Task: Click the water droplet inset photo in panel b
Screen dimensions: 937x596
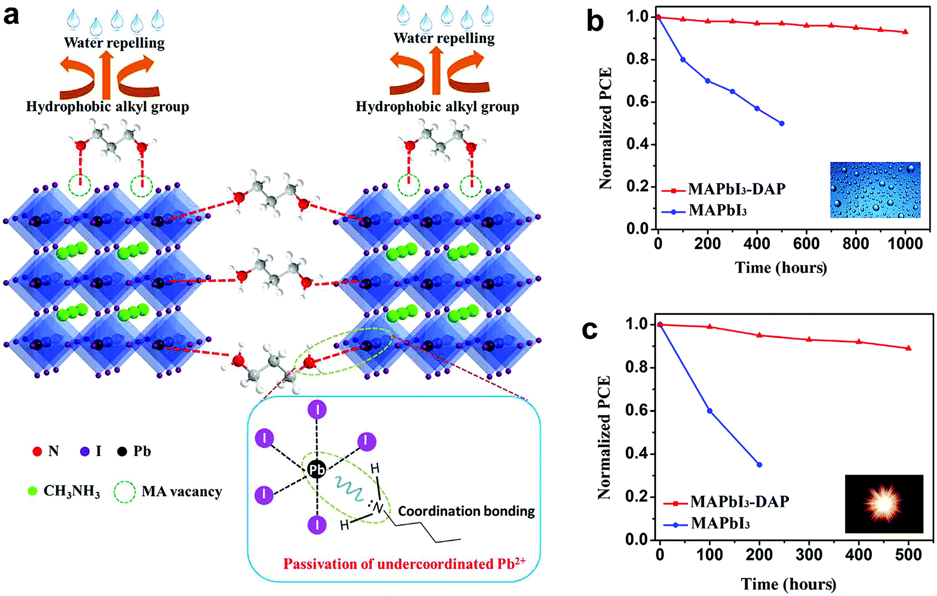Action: click(x=875, y=190)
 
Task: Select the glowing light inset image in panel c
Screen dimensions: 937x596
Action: click(x=884, y=504)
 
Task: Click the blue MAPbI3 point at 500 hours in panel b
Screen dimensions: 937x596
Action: click(x=782, y=123)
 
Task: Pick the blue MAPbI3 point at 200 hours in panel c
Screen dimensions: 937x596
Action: click(x=759, y=465)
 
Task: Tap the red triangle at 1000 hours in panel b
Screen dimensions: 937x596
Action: click(x=905, y=32)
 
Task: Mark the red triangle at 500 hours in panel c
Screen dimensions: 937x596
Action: click(x=908, y=348)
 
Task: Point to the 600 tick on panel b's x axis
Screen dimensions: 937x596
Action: click(x=806, y=244)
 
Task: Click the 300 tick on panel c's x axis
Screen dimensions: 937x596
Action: click(x=809, y=554)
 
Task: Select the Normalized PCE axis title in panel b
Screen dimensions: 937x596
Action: click(x=606, y=128)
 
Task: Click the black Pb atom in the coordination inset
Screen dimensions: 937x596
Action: click(x=316, y=470)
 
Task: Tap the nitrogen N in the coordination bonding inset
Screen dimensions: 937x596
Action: click(x=378, y=507)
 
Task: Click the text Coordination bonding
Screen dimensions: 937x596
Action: click(x=466, y=511)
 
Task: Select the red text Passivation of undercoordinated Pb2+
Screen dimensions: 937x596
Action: click(x=404, y=563)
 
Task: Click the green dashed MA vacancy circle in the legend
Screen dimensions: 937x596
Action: click(x=125, y=492)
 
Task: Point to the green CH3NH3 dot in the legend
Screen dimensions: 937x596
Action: click(x=33, y=491)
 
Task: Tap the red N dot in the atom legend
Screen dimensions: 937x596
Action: click(x=37, y=452)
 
